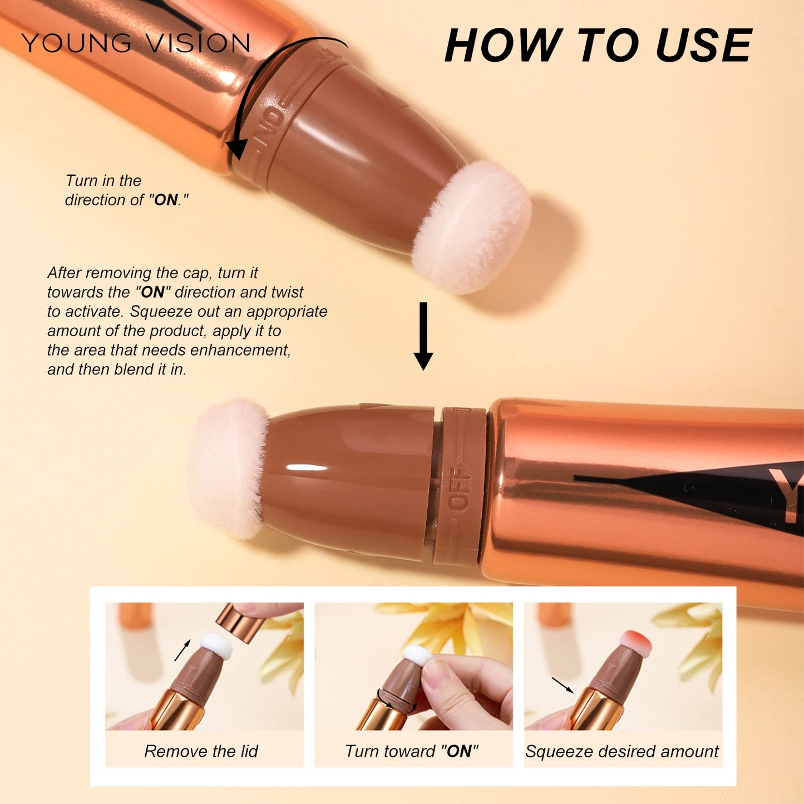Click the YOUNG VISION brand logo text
[136, 43]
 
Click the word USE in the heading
[703, 46]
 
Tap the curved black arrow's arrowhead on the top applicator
[237, 149]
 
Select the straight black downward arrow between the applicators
[423, 336]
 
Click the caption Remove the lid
[201, 751]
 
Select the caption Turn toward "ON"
[412, 751]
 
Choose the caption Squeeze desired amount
[622, 751]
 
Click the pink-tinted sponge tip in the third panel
[637, 642]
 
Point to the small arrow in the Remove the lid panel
[182, 650]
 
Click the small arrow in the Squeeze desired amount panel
[563, 685]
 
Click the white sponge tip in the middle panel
[418, 655]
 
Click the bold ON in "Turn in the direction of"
[166, 200]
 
